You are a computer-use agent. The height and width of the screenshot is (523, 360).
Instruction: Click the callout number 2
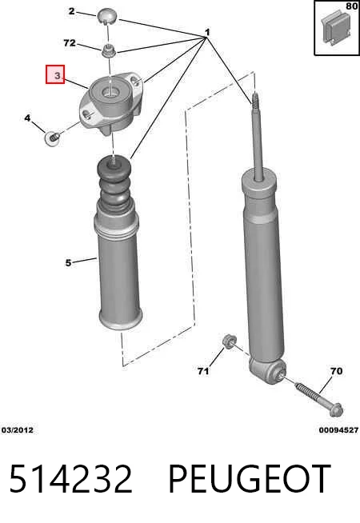click(x=72, y=11)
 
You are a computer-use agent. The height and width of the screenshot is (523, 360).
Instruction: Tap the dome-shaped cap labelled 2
click(x=107, y=17)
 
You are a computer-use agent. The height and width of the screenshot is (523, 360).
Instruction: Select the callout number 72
click(x=70, y=43)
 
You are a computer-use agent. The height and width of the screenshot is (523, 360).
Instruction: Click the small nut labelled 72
click(x=108, y=50)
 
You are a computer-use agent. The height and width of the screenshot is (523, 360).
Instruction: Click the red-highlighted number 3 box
click(x=55, y=74)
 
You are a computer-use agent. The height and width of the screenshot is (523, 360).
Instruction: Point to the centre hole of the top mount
click(x=111, y=90)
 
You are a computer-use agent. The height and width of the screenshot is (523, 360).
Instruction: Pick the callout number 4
click(x=27, y=118)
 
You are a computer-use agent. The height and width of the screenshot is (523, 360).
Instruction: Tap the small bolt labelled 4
click(x=52, y=138)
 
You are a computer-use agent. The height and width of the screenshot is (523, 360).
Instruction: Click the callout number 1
click(x=207, y=32)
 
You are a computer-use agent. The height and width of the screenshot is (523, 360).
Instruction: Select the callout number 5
click(x=68, y=263)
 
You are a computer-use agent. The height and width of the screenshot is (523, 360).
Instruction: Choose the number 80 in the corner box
click(x=351, y=6)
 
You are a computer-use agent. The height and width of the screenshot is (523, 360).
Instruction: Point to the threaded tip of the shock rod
click(x=255, y=100)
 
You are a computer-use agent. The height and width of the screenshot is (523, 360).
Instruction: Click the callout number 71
click(x=203, y=371)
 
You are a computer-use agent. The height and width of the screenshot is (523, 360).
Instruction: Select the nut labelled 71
click(x=230, y=341)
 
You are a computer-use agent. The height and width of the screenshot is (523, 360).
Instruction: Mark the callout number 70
click(x=336, y=370)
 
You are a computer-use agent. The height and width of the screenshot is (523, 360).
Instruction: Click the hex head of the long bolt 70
click(x=336, y=409)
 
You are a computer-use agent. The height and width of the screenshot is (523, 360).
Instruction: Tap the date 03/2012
click(x=18, y=430)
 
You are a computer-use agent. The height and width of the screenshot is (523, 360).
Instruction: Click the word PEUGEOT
click(x=250, y=479)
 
